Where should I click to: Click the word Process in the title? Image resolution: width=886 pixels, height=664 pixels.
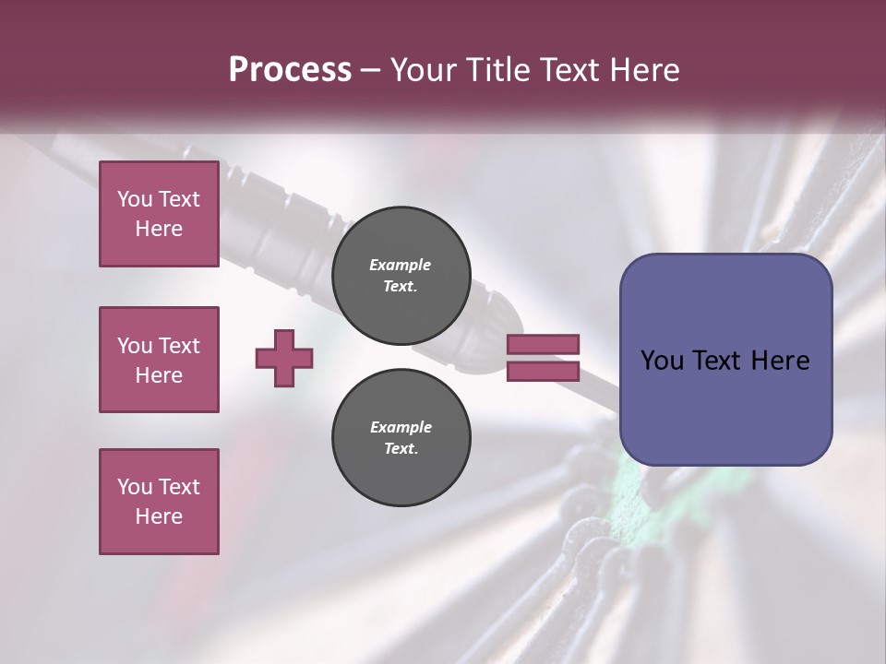click(290, 70)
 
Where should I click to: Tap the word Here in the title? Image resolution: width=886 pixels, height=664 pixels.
click(643, 70)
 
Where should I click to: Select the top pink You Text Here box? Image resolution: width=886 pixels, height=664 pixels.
click(159, 214)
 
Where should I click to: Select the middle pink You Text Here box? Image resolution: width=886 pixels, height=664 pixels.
click(159, 360)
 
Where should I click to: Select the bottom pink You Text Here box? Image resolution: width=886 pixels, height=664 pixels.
click(159, 502)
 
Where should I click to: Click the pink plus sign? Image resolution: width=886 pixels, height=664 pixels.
click(284, 358)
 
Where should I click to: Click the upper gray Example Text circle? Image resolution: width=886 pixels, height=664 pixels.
click(401, 275)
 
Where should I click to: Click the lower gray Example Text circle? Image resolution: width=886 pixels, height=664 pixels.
click(401, 437)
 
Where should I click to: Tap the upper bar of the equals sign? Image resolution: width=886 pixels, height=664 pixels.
click(543, 345)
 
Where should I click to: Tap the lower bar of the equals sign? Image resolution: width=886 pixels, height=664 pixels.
click(543, 371)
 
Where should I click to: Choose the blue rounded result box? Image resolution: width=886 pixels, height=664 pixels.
click(725, 406)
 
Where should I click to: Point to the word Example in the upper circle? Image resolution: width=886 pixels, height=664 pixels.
click(401, 265)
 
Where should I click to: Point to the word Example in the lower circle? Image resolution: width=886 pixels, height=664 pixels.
click(401, 427)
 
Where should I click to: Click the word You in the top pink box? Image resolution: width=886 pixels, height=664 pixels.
click(135, 199)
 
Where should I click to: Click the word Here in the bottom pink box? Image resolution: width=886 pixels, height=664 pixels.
click(159, 516)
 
